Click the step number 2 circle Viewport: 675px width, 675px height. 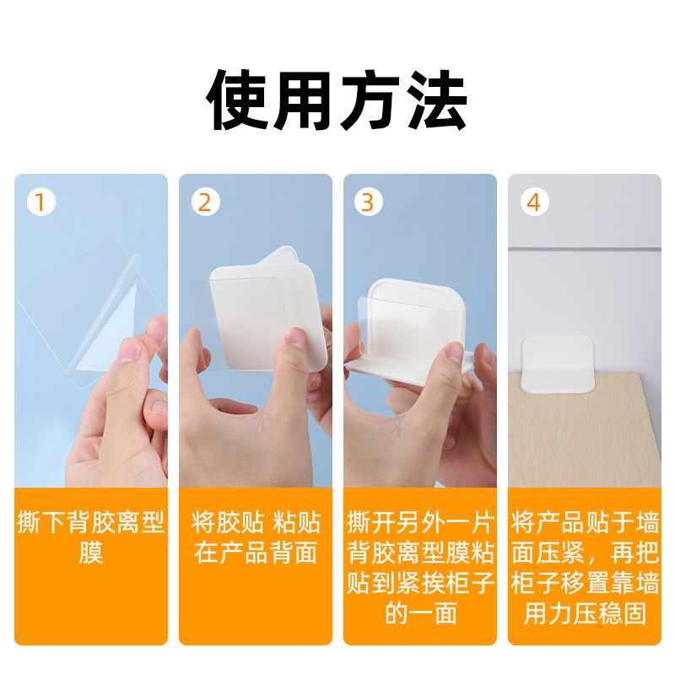(x=205, y=203)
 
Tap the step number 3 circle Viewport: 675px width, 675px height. (x=368, y=203)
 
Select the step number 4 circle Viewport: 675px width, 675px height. (x=533, y=203)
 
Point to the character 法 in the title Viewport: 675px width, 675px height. (x=436, y=102)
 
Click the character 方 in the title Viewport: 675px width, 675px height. (x=370, y=102)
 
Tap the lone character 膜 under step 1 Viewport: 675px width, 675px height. (x=90, y=553)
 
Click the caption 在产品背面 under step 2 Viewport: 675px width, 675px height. (x=255, y=553)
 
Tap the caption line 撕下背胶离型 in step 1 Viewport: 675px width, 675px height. (x=90, y=522)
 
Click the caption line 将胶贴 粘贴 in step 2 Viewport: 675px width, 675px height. (x=255, y=522)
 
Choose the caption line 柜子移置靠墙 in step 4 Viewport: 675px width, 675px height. (x=584, y=583)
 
